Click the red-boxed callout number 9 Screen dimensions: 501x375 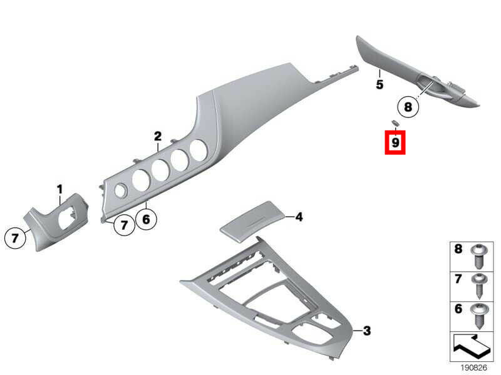tap(395, 142)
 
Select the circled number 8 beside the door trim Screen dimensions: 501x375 tap(408, 106)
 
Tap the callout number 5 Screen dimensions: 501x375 tap(380, 85)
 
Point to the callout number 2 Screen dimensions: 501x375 tap(158, 136)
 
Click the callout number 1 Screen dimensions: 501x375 tap(60, 189)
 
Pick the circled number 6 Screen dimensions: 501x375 tap(146, 219)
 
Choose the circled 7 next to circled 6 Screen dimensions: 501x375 tap(124, 225)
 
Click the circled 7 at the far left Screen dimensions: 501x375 tap(14, 238)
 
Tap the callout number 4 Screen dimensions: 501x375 tap(299, 217)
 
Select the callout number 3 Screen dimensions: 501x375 tap(367, 331)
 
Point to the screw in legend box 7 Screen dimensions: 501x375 tap(480, 286)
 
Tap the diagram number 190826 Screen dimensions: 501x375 tap(473, 368)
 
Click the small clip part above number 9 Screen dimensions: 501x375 tap(395, 122)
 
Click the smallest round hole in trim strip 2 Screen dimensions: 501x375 tap(121, 191)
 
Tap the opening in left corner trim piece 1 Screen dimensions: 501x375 tap(68, 217)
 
